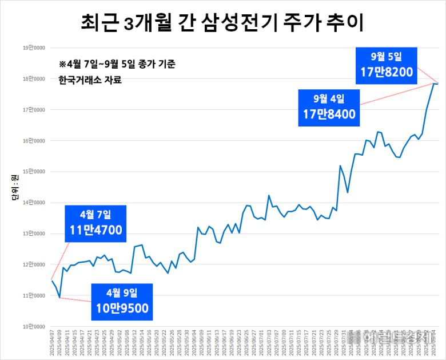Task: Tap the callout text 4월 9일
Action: tap(122, 293)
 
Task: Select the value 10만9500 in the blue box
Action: tap(122, 308)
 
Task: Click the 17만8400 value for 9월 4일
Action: tap(329, 114)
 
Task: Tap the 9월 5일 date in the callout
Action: tap(387, 56)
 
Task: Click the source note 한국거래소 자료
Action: tap(90, 80)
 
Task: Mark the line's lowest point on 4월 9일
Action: tap(59, 298)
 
